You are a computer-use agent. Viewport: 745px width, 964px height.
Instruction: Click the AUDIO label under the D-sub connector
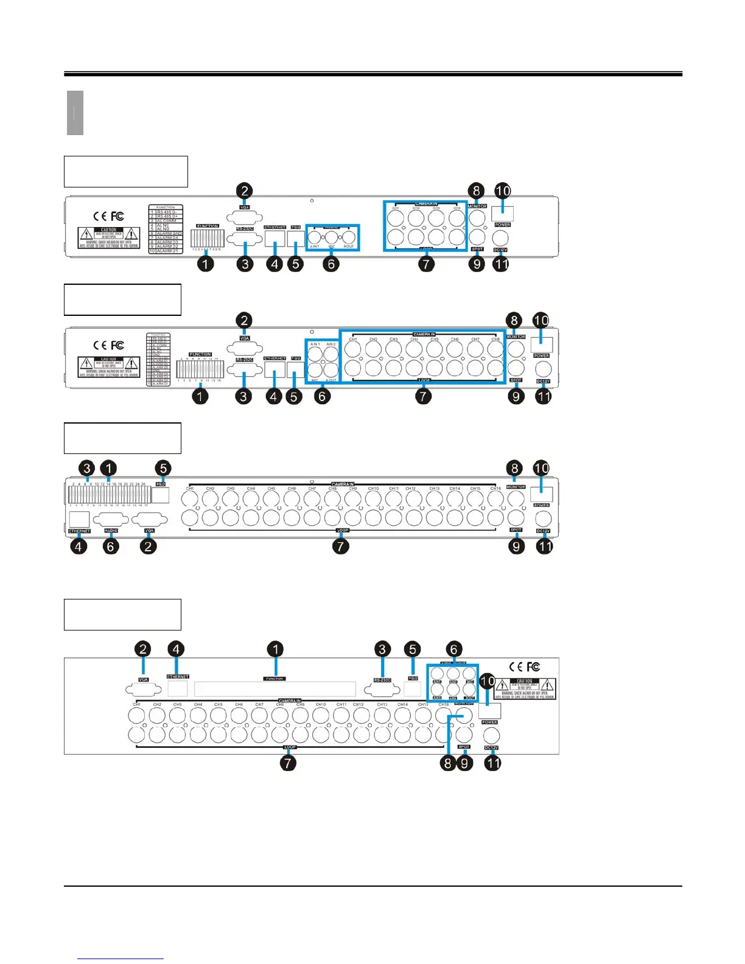tap(111, 531)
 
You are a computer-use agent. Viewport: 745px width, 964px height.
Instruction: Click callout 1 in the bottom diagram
tap(275, 649)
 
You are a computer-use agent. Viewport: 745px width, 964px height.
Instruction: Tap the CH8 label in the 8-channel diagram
tap(495, 340)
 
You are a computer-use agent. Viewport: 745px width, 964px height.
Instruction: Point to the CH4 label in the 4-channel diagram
tap(456, 208)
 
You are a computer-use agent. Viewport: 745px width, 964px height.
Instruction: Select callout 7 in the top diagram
tap(426, 264)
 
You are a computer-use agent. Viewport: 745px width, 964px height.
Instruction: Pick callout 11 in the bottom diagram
tap(492, 762)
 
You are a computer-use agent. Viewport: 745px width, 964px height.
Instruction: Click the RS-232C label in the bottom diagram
tap(382, 679)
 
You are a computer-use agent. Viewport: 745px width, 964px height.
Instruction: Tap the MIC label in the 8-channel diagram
tap(315, 380)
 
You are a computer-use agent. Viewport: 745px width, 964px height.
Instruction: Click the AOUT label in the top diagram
tap(349, 246)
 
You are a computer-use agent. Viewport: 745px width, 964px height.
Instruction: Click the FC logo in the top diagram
tap(117, 216)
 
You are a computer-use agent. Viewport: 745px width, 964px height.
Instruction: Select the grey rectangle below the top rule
tap(75, 113)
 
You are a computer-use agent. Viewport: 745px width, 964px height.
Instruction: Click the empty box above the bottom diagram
tap(122, 614)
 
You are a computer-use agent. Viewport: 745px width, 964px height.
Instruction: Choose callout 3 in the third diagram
tap(88, 468)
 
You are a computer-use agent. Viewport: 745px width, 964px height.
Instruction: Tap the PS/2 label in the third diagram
tap(161, 484)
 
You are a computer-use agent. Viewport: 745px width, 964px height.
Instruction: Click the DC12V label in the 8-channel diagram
tap(543, 382)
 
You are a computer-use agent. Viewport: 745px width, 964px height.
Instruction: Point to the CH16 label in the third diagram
tap(495, 488)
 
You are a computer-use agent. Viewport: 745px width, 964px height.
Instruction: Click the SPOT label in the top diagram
tap(477, 249)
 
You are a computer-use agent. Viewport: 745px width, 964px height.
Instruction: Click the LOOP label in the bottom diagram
tap(290, 747)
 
